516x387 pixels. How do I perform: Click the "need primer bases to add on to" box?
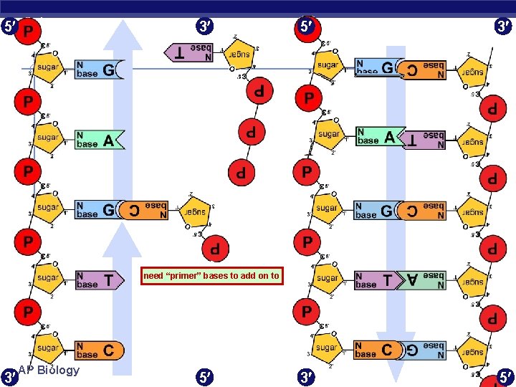point(211,276)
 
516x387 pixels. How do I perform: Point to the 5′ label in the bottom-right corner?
point(505,375)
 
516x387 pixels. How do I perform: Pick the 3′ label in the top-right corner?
point(504,28)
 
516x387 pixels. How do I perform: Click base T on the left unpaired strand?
point(100,280)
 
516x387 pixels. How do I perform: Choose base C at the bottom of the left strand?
point(100,350)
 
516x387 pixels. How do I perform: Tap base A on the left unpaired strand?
point(100,139)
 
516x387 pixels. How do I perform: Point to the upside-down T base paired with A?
point(423,139)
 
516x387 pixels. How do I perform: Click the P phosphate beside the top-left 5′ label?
point(29,31)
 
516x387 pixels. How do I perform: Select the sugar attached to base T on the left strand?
point(48,279)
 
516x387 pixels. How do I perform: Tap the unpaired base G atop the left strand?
point(100,70)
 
